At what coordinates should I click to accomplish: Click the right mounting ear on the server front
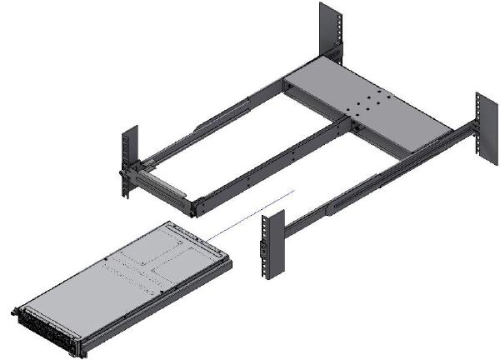78,345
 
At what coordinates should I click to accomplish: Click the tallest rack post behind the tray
330,33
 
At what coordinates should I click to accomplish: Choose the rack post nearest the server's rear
268,246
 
